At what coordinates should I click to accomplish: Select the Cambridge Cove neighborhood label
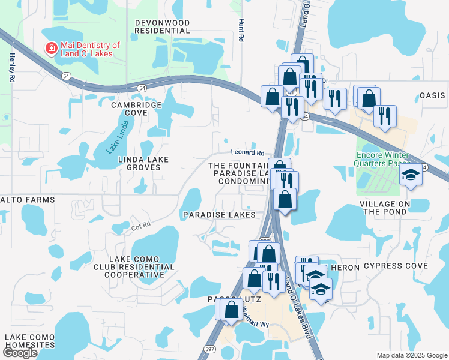click(137, 109)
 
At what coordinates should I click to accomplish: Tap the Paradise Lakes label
click(219, 214)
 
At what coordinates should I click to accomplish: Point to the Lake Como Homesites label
click(30, 341)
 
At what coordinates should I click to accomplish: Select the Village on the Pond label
click(393, 208)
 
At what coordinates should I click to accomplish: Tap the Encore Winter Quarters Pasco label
click(384, 158)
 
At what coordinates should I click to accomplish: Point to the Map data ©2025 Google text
click(411, 355)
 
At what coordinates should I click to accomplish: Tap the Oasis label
click(432, 95)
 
